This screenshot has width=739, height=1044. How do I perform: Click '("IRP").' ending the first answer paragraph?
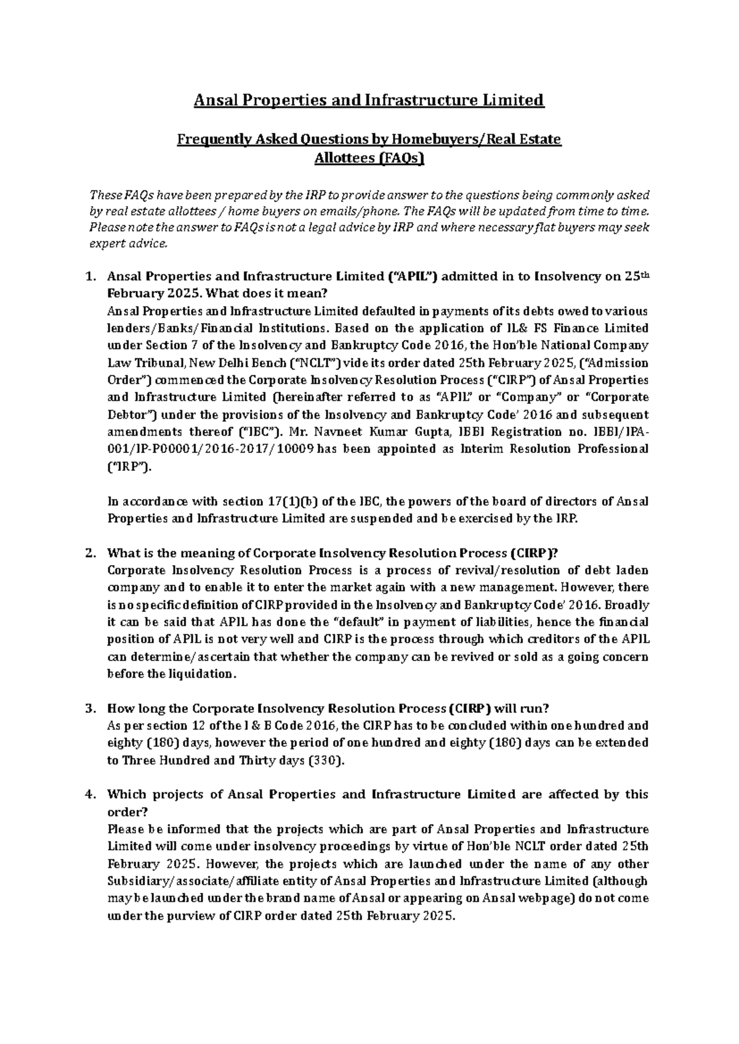[x=129, y=467]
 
